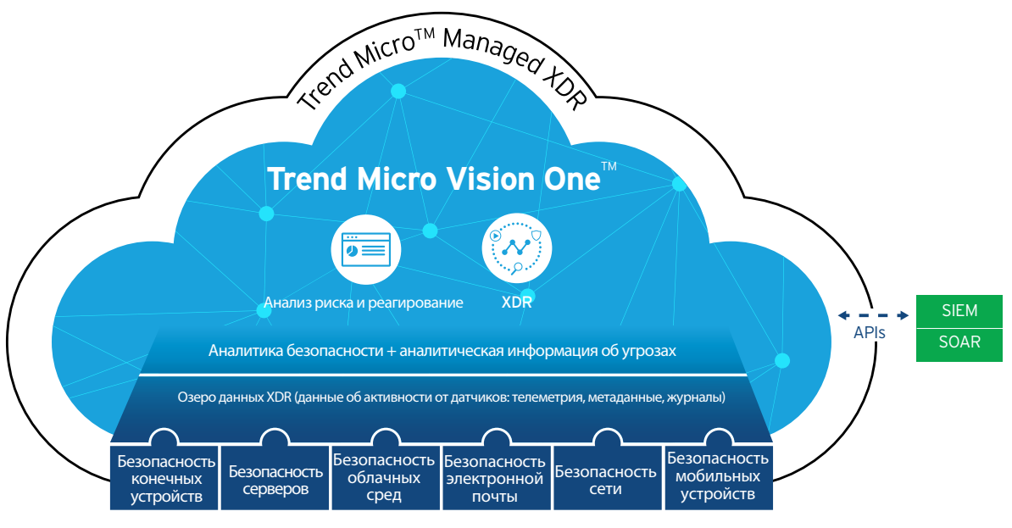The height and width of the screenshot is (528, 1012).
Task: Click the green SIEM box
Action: tap(959, 311)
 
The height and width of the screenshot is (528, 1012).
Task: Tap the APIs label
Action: tap(870, 332)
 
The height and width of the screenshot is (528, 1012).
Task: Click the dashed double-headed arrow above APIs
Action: tap(873, 315)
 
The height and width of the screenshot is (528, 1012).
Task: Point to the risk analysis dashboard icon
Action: tap(366, 249)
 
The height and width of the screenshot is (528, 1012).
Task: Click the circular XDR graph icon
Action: tap(516, 249)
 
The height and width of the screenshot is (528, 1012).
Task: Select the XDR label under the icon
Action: tap(516, 302)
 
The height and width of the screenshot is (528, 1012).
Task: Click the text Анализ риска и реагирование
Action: tap(364, 303)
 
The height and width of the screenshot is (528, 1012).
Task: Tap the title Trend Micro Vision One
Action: tap(434, 179)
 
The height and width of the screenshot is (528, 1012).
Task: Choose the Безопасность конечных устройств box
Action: tap(166, 478)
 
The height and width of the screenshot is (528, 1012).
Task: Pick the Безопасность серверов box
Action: tap(275, 478)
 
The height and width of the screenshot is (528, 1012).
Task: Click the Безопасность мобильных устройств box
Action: tap(718, 478)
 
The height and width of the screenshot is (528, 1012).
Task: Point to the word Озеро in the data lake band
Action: tap(196, 397)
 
